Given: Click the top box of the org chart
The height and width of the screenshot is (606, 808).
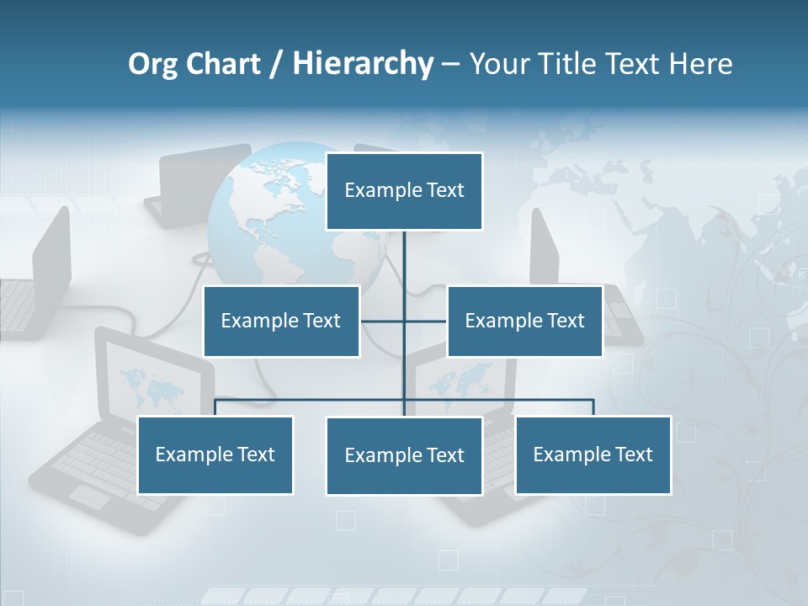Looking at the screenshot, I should [404, 191].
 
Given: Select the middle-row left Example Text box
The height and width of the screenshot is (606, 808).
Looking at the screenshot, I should [281, 321].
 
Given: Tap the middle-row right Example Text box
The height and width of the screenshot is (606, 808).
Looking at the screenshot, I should [524, 321].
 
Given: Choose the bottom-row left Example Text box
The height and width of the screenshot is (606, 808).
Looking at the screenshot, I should [215, 454].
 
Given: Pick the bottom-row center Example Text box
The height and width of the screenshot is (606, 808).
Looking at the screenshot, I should [404, 455].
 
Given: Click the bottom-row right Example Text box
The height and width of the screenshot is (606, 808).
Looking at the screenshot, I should [593, 454].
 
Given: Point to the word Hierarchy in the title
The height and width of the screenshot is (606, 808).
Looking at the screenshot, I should [363, 64].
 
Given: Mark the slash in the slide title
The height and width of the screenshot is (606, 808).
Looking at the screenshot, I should [275, 65].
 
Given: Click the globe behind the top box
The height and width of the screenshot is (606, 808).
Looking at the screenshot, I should [261, 219].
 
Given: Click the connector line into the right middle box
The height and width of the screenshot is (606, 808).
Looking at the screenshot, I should [427, 321].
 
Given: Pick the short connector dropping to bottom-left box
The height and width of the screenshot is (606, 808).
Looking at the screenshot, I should [215, 407].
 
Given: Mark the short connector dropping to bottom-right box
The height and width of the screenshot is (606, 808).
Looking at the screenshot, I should [593, 407].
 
